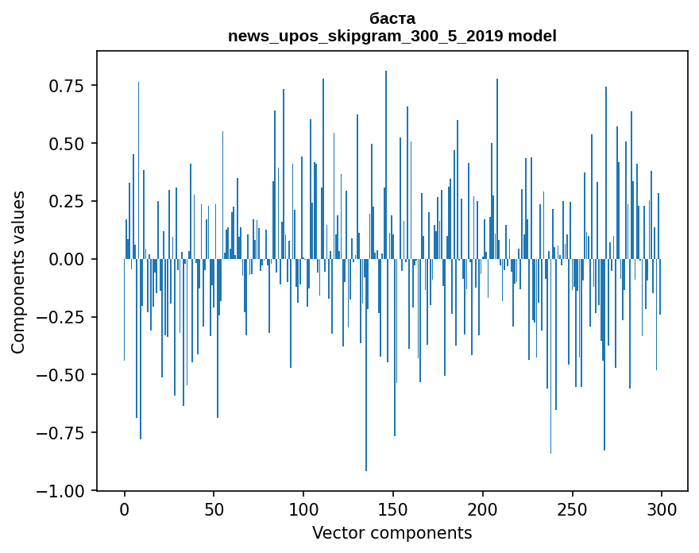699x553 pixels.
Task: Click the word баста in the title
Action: (x=392, y=18)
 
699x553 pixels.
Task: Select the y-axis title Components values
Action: (x=18, y=272)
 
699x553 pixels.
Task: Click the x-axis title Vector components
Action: (x=392, y=533)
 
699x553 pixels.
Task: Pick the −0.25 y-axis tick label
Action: (x=64, y=317)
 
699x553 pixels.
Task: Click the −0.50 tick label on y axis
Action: (x=64, y=375)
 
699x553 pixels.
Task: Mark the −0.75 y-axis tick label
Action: (x=64, y=433)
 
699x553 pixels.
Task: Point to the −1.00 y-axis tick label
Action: (x=64, y=491)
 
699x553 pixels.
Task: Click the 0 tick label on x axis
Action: (x=125, y=510)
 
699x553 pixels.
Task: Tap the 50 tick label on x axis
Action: (x=214, y=510)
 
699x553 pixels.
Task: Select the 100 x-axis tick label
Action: (x=303, y=510)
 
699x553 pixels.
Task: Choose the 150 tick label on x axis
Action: (x=393, y=510)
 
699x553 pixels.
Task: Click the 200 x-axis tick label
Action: (x=483, y=510)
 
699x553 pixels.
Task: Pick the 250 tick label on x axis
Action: (x=572, y=510)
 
